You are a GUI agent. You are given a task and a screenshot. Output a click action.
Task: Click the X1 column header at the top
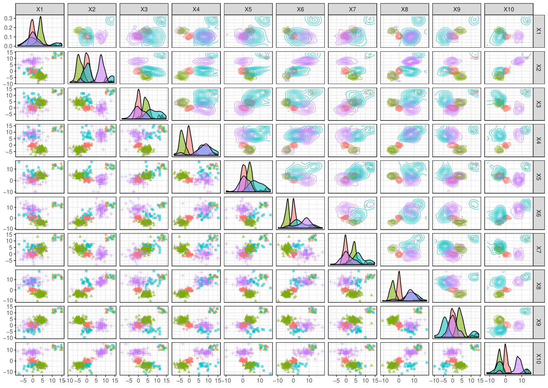(39, 9)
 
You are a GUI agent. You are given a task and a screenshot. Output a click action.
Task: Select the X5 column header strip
(248, 9)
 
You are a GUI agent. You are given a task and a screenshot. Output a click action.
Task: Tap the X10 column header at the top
(509, 9)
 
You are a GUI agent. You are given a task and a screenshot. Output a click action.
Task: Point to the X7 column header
(352, 9)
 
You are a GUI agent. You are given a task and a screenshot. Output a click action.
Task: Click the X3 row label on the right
(539, 104)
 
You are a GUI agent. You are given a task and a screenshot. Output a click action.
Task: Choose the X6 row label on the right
(539, 213)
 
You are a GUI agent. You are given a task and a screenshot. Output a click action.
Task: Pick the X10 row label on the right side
(539, 359)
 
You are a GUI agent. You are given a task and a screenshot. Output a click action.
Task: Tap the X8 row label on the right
(539, 286)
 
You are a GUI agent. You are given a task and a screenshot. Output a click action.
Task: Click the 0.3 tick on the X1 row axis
(9, 18)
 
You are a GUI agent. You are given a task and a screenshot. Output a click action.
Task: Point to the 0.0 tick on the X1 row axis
(9, 46)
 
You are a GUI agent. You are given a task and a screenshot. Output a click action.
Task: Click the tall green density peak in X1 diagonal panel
(41, 17)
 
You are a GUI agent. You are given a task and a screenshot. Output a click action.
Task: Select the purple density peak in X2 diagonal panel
(101, 55)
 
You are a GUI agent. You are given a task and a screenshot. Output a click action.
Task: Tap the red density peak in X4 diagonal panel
(189, 126)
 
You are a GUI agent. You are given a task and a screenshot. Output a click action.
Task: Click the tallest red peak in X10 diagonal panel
(505, 345)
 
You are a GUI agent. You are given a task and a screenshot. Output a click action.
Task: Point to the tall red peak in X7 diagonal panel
(346, 235)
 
